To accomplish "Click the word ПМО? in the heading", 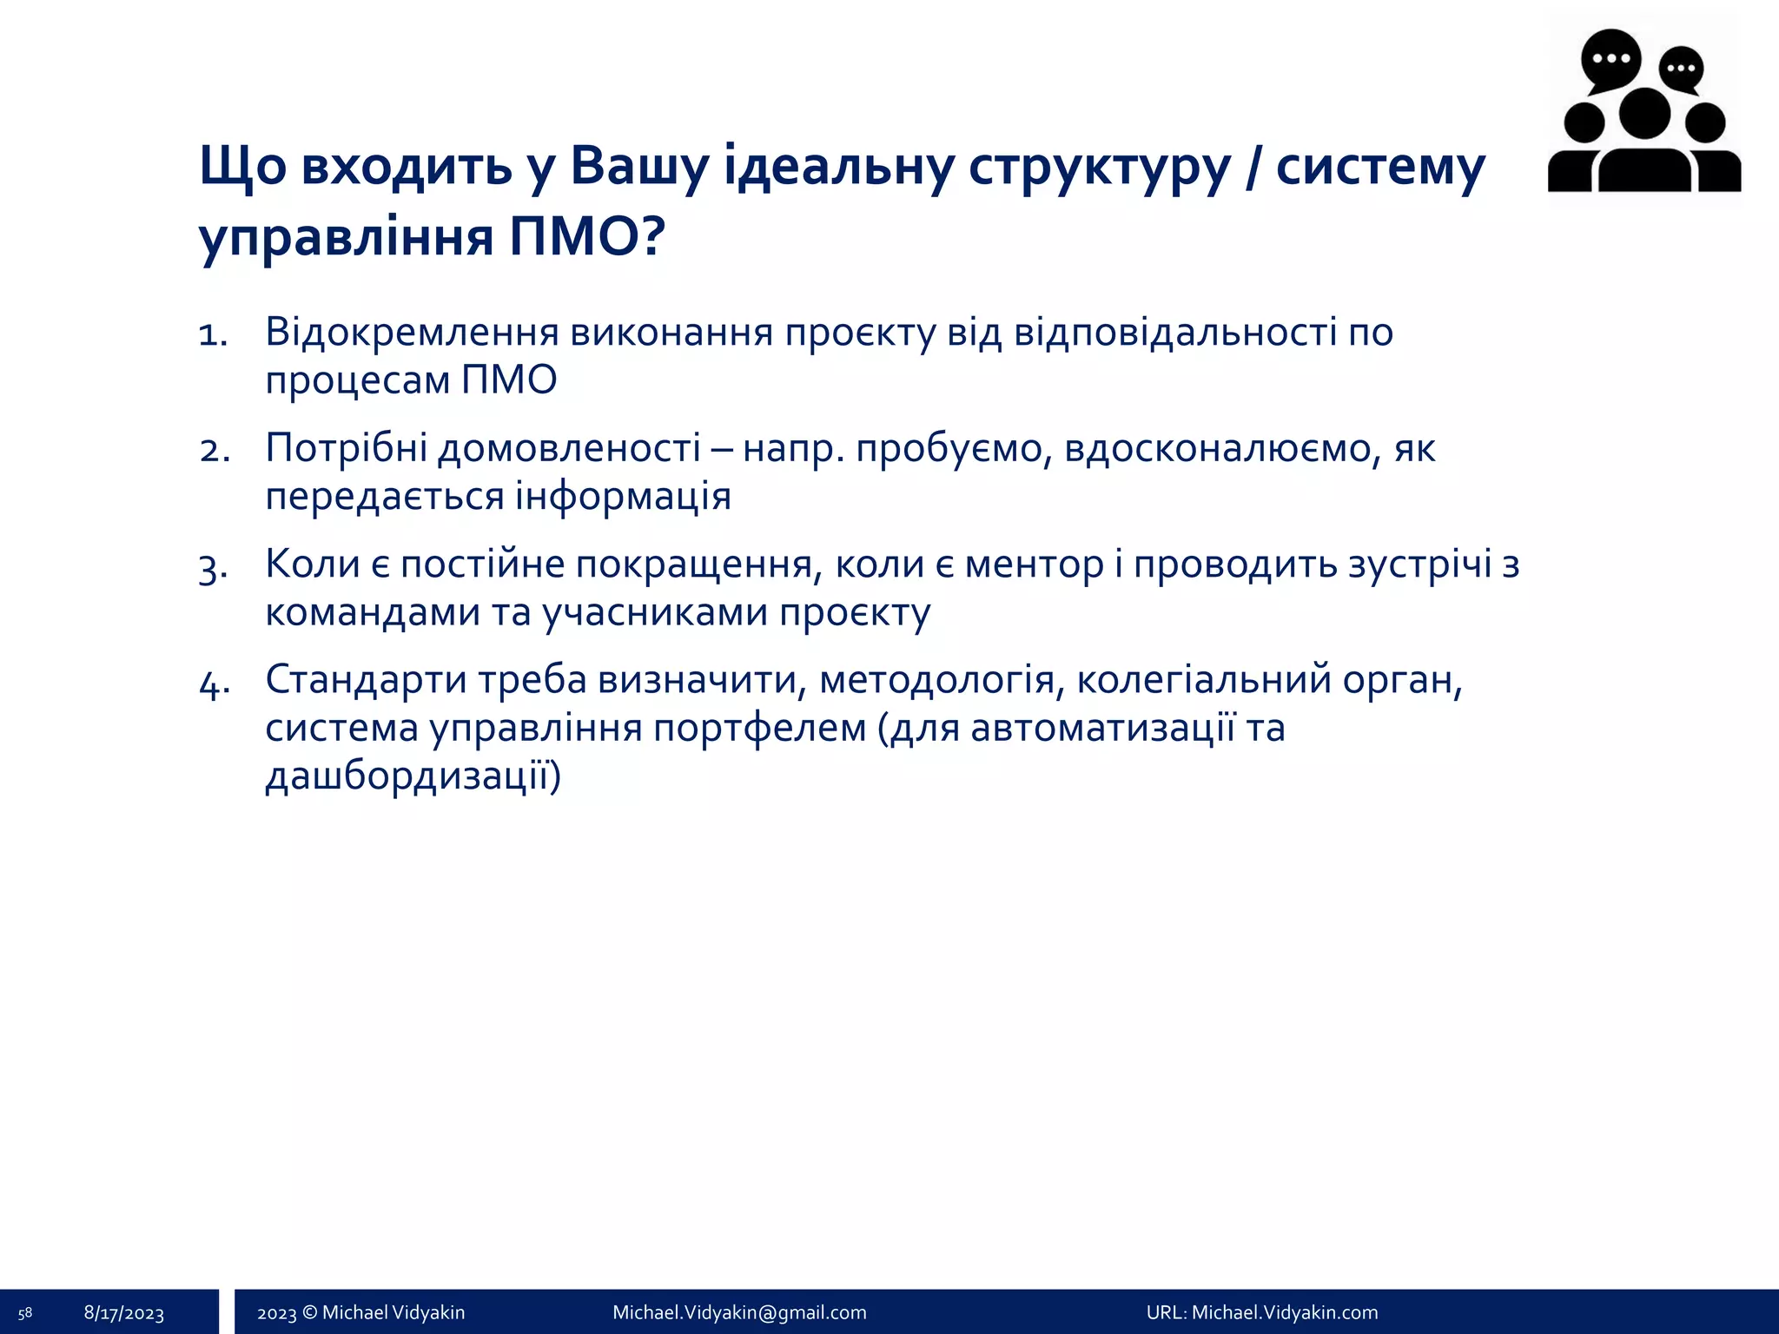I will (587, 236).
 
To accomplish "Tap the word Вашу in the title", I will (638, 166).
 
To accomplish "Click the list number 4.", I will (214, 684).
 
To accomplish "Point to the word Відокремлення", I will (412, 332).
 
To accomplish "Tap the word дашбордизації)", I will (413, 776).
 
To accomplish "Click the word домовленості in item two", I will (569, 448).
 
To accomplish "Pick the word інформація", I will (623, 497).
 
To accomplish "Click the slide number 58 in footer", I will (25, 1313).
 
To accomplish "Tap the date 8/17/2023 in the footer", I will (124, 1313).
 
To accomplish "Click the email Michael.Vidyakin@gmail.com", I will (739, 1312).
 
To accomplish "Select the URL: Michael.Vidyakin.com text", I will (1261, 1312).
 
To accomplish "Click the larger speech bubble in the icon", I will (1610, 58).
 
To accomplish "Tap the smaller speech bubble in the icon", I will (1682, 69).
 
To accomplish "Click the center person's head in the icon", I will (1644, 114).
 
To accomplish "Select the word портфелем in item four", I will (759, 728).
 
